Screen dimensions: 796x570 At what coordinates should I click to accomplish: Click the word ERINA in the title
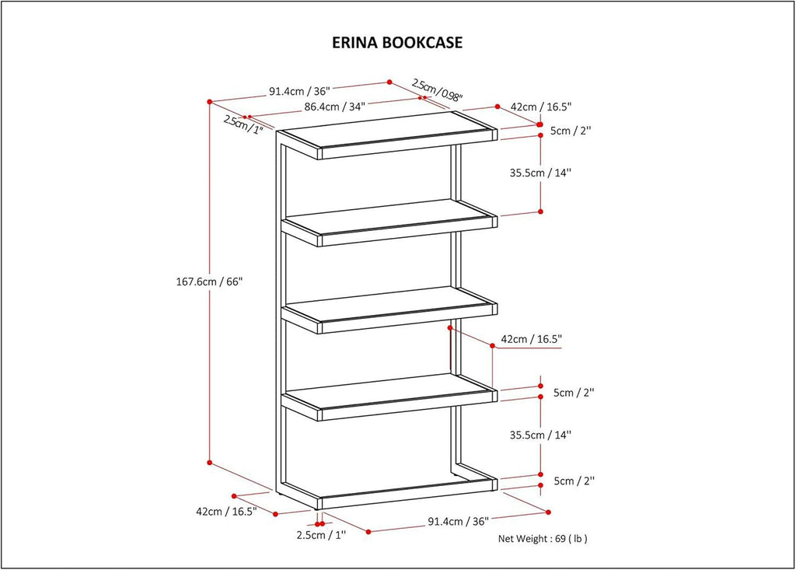(x=354, y=42)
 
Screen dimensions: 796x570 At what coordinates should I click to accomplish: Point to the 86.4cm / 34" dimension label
(x=335, y=107)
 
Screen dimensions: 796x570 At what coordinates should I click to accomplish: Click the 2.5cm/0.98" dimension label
(x=437, y=90)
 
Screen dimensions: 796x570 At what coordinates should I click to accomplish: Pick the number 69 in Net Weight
(x=560, y=538)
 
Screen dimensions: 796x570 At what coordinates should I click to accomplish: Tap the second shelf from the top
(x=390, y=223)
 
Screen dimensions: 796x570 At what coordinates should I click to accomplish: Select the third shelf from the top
(x=390, y=310)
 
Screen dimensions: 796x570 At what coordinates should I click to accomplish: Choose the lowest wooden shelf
(x=390, y=397)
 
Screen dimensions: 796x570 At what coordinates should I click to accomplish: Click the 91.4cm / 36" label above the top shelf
(x=299, y=92)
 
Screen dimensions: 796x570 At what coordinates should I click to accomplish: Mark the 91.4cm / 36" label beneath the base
(x=459, y=521)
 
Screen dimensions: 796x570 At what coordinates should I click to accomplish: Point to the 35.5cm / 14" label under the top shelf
(x=541, y=173)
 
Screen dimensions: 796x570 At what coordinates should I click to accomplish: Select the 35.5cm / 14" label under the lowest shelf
(x=541, y=435)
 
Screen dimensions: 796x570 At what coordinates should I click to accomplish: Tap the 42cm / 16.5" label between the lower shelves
(x=532, y=339)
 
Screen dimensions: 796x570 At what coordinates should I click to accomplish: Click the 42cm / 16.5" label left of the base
(x=227, y=511)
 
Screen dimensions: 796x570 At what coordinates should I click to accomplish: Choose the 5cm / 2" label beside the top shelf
(x=571, y=131)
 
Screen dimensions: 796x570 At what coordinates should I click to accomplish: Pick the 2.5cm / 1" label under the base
(x=321, y=535)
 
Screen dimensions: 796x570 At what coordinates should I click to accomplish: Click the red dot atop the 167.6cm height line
(x=209, y=102)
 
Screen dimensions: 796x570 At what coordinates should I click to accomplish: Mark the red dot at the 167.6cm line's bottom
(x=209, y=463)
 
